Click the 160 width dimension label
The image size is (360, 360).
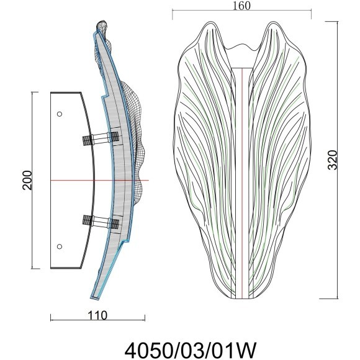(x=241, y=6)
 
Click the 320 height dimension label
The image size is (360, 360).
(x=333, y=160)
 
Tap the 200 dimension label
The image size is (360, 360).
(x=27, y=180)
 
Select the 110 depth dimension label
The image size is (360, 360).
(x=97, y=315)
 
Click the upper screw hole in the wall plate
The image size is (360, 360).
(x=60, y=114)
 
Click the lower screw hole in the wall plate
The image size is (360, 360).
(x=60, y=246)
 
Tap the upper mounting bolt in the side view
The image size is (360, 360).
(x=101, y=138)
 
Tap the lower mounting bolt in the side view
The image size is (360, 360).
(x=101, y=221)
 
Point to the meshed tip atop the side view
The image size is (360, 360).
(x=102, y=27)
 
